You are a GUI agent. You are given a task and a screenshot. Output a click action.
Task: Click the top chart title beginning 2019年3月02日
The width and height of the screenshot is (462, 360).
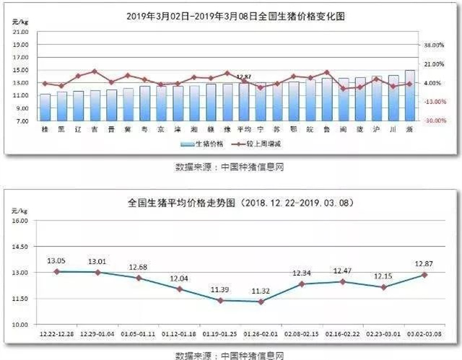[x=231, y=15]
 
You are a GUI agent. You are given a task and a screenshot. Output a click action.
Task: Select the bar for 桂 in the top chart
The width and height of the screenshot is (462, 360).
[x=45, y=107]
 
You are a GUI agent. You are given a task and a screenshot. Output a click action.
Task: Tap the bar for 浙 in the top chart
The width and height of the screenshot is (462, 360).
[x=410, y=95]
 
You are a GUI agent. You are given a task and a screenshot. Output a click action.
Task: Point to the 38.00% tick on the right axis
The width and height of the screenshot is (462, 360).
[x=433, y=45]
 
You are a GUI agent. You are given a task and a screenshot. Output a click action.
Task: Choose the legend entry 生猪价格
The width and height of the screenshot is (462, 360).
[x=209, y=144]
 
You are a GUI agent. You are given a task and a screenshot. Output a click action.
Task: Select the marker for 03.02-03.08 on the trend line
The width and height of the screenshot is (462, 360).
[x=424, y=275]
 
